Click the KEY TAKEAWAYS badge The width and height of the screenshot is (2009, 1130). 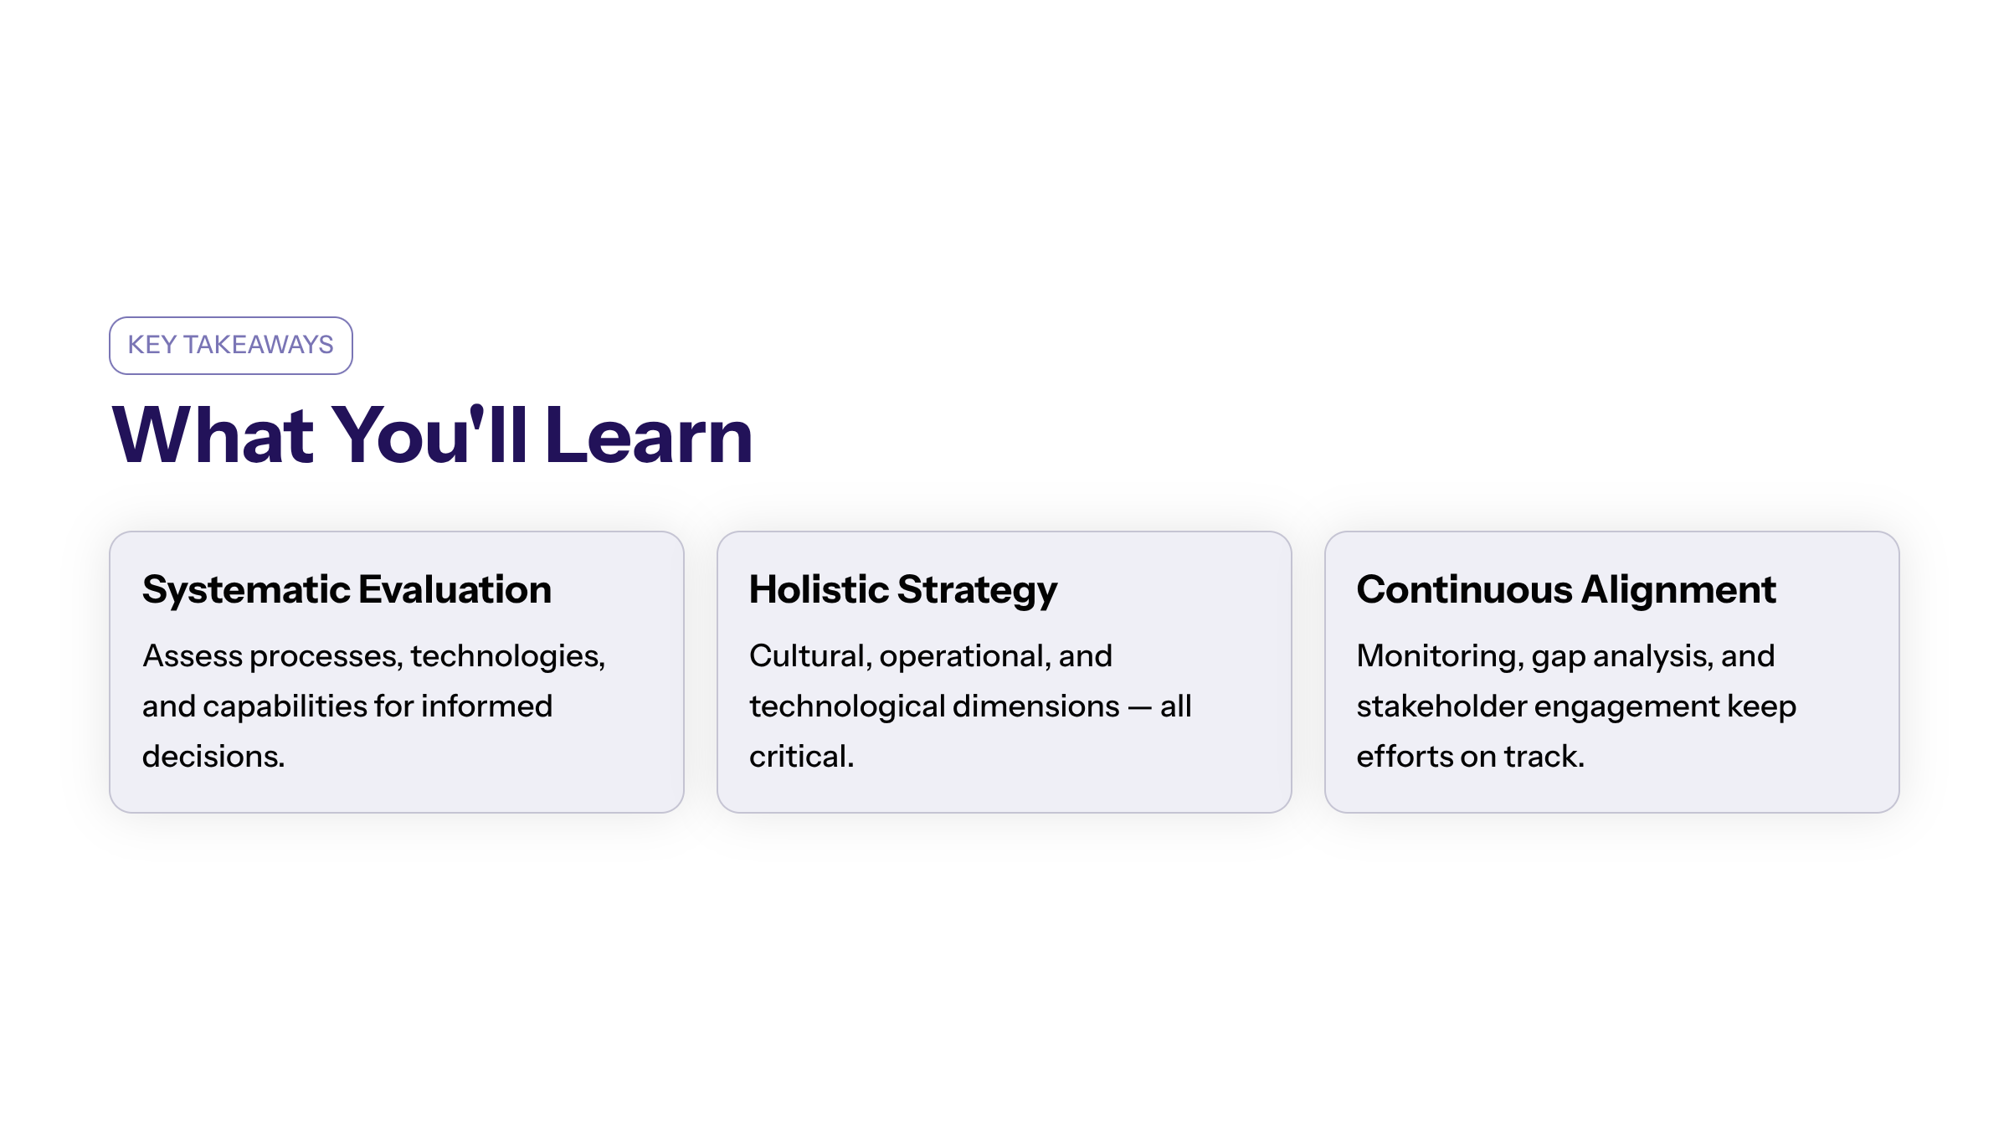click(x=230, y=345)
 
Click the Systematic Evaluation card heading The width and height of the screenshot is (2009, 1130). click(x=347, y=589)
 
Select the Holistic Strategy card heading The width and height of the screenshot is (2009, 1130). click(x=903, y=589)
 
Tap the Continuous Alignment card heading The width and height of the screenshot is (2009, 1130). click(x=1565, y=589)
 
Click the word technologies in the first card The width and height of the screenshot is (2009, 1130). click(x=506, y=656)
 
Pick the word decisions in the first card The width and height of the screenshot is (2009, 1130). click(x=213, y=757)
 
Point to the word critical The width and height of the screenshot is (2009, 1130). click(x=800, y=757)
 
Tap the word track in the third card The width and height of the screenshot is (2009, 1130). click(x=1543, y=757)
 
